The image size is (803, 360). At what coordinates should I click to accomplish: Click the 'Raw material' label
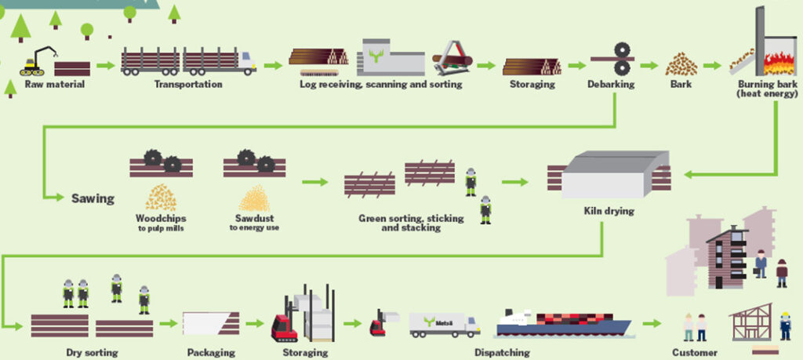tap(54, 84)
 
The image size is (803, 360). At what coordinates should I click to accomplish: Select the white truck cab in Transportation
tap(246, 61)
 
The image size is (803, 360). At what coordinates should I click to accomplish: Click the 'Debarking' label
tap(612, 84)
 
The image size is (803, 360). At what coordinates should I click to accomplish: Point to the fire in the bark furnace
tap(776, 59)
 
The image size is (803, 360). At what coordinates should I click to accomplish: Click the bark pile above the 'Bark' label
tap(681, 64)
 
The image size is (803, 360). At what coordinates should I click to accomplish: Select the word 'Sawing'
tap(93, 198)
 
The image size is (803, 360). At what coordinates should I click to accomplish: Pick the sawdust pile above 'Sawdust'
tap(254, 198)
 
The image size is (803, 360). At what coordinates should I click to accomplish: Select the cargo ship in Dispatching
tap(560, 323)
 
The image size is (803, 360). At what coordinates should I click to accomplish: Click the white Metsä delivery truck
tap(445, 324)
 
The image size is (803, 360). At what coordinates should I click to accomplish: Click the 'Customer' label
tap(695, 352)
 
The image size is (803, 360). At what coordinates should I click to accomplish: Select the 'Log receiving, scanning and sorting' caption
tap(380, 84)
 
